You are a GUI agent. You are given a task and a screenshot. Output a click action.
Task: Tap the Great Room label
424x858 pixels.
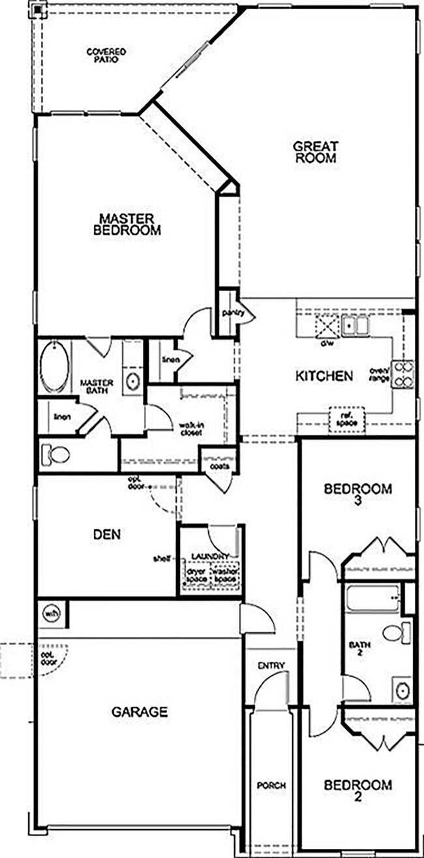click(315, 152)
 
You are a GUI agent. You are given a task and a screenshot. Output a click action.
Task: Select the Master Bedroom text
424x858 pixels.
click(127, 224)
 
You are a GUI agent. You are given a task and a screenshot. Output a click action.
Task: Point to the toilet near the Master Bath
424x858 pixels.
click(55, 454)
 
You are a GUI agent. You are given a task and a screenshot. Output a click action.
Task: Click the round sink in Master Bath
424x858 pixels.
click(133, 381)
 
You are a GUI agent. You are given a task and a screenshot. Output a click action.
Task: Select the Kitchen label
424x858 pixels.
click(324, 376)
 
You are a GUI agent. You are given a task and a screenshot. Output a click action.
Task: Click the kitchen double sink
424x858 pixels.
click(356, 324)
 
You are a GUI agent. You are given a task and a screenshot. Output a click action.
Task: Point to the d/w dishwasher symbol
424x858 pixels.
click(326, 326)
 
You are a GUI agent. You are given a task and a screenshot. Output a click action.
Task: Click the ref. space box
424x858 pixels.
click(342, 418)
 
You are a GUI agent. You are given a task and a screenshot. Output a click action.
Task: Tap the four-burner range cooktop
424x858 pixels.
click(402, 375)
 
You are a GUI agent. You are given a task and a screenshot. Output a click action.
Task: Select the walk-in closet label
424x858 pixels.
click(193, 429)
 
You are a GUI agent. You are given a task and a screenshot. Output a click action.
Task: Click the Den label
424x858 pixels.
click(106, 534)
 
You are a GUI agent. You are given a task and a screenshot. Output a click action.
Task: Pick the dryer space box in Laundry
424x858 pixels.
click(196, 575)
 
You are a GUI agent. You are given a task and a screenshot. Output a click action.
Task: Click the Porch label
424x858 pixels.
click(271, 786)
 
